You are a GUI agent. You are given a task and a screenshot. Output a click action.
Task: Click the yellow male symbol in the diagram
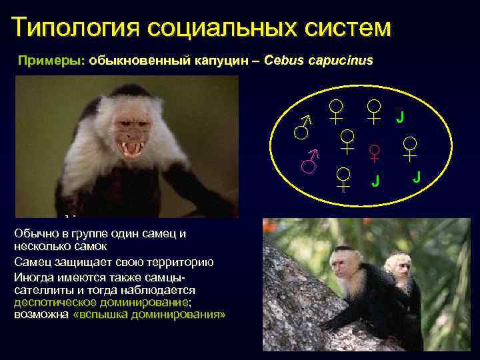[303, 126]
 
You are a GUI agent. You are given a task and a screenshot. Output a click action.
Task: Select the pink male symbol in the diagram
[308, 161]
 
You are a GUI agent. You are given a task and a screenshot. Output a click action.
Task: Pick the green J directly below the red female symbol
[375, 181]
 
